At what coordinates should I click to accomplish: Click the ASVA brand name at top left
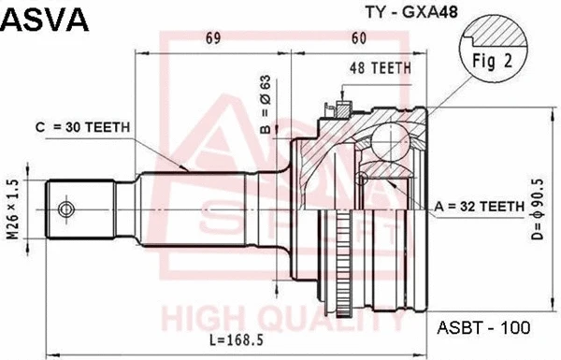pos(44,18)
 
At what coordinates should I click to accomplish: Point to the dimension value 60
pos(357,38)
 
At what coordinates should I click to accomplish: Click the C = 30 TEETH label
pos(83,127)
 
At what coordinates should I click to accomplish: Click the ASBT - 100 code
pos(483,328)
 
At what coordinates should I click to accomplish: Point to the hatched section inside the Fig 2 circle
pos(510,33)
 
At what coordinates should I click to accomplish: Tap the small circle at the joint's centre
pos(363,177)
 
